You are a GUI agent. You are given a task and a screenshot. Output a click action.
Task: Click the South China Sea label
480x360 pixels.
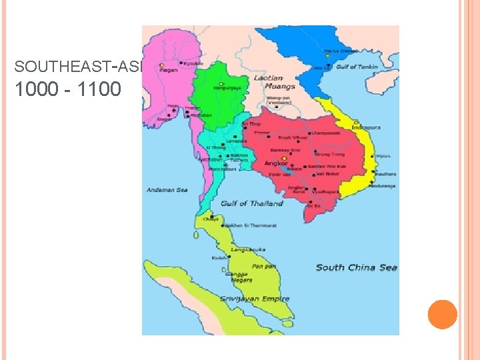click(x=356, y=267)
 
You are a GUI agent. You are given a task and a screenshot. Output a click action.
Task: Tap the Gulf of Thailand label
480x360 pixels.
click(x=252, y=203)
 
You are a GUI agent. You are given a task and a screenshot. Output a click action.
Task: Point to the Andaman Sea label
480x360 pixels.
click(x=167, y=190)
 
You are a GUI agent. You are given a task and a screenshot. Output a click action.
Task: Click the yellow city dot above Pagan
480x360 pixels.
click(x=161, y=65)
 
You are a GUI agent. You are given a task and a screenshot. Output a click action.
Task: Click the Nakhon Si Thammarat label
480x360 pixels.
click(x=251, y=226)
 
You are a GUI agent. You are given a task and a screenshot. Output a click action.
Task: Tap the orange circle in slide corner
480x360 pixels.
click(x=442, y=314)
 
